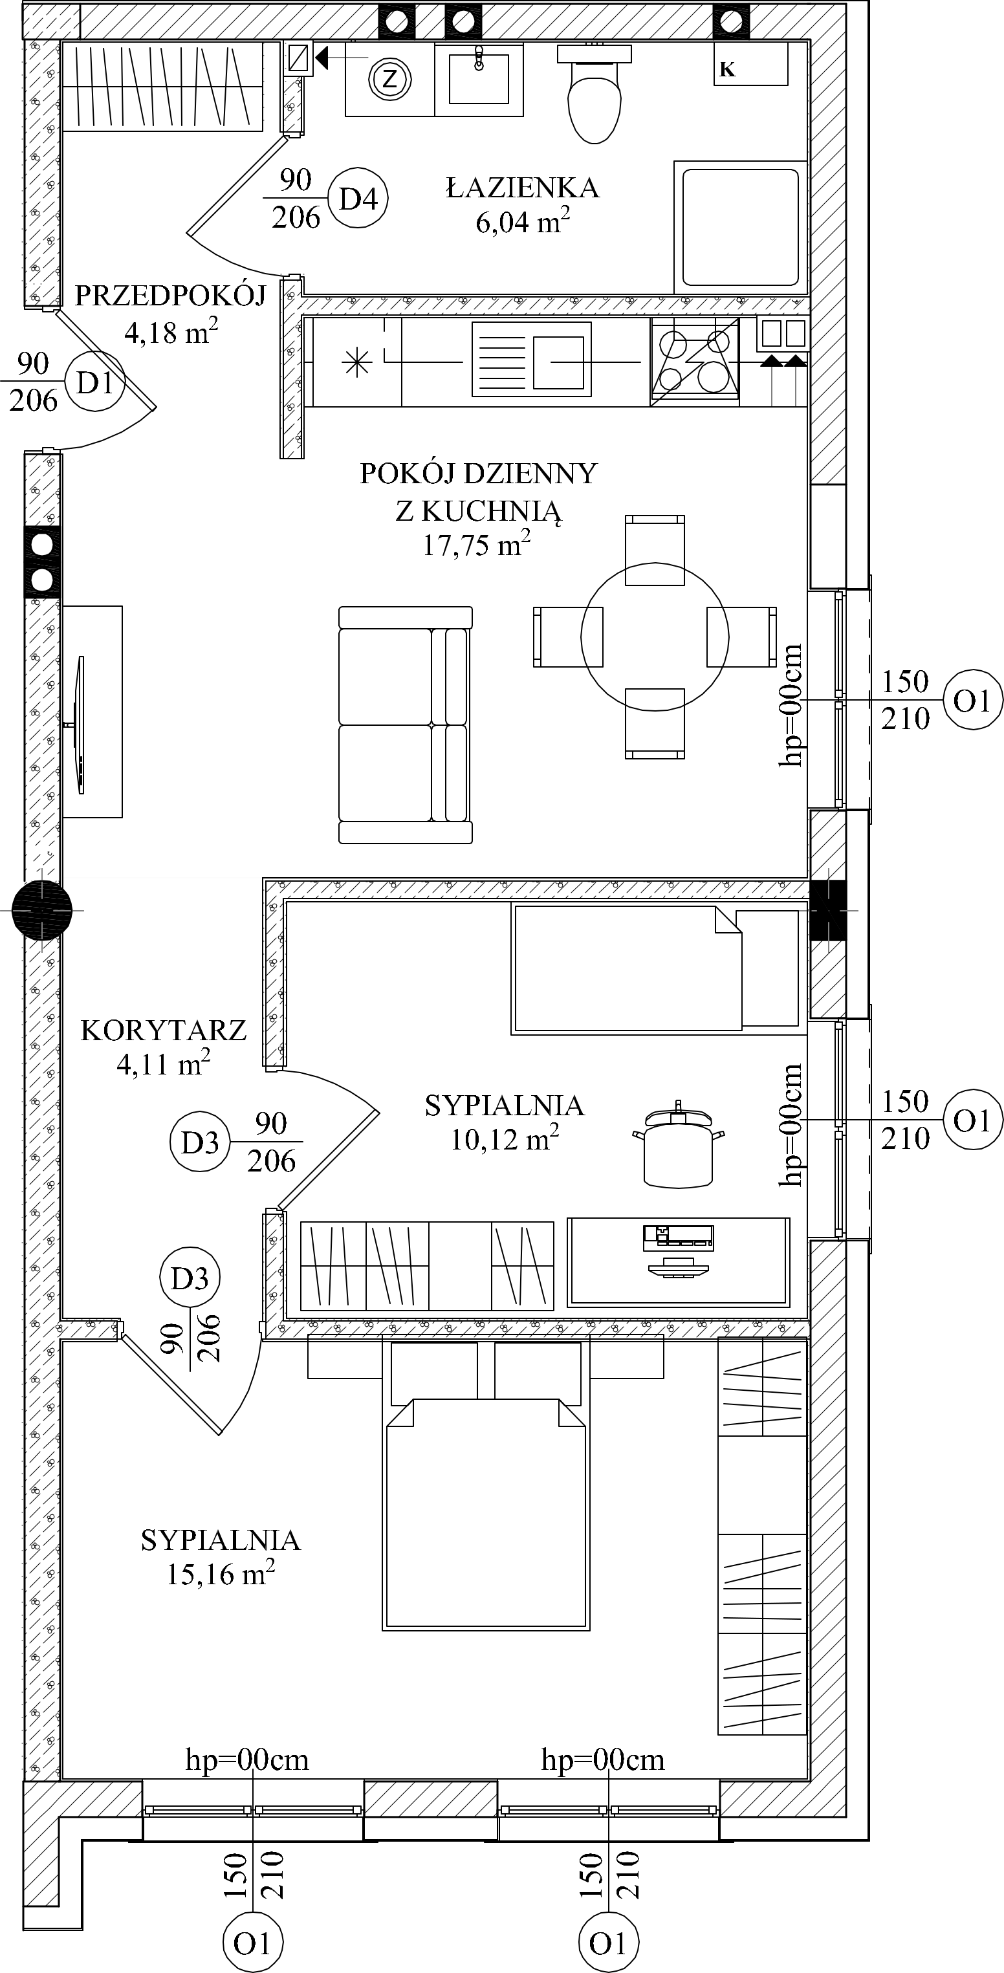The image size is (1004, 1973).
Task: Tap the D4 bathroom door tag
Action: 358,199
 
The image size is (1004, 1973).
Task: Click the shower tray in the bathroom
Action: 741,226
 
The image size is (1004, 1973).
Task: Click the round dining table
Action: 655,636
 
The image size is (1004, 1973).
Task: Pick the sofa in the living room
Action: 405,725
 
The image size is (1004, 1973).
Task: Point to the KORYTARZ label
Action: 163,1030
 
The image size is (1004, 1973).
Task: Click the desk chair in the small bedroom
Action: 679,1144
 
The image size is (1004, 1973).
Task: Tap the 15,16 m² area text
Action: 221,1573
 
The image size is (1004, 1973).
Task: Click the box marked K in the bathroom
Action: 750,63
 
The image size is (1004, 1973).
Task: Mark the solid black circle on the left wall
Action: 42,910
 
